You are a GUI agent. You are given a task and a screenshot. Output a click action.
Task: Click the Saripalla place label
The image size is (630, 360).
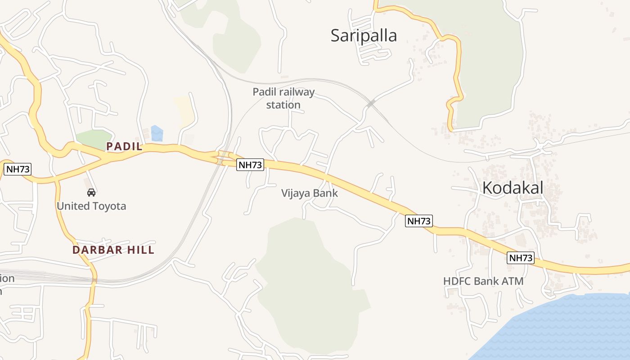(364, 36)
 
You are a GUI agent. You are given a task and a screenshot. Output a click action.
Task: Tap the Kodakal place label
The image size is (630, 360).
(513, 188)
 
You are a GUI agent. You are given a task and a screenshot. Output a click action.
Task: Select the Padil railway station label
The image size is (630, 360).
(283, 99)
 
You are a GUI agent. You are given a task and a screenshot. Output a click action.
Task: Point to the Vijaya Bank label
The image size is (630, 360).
(309, 193)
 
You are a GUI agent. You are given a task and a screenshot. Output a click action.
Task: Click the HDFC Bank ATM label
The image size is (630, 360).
(483, 281)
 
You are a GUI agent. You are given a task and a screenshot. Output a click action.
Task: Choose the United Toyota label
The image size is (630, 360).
(91, 206)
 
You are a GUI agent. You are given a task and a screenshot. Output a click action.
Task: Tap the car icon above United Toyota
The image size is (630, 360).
(91, 193)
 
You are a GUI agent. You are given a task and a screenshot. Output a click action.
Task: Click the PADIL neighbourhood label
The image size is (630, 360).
(124, 146)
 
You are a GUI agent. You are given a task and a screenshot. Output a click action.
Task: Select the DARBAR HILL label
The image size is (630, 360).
(113, 250)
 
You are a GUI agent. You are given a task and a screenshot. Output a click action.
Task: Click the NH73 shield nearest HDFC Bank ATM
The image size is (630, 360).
(521, 258)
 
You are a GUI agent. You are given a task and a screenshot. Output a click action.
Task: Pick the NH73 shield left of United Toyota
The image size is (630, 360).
(18, 169)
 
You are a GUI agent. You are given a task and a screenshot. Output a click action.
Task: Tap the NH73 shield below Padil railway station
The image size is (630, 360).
(250, 165)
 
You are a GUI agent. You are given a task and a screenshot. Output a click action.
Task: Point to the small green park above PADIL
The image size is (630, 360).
(93, 139)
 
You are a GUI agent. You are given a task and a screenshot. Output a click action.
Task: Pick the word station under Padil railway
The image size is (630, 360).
(283, 105)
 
